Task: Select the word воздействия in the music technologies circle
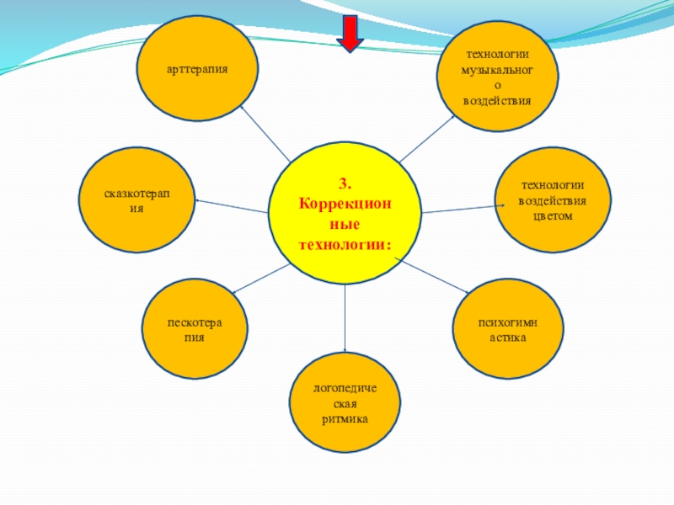497,100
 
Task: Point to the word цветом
552,215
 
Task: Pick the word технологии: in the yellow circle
345,244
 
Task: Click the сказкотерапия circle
136,200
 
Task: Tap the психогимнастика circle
507,331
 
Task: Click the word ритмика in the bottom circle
345,419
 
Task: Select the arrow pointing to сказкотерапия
231,206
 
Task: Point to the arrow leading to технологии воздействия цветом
459,207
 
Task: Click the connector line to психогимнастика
435,278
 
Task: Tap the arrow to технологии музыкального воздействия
427,137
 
